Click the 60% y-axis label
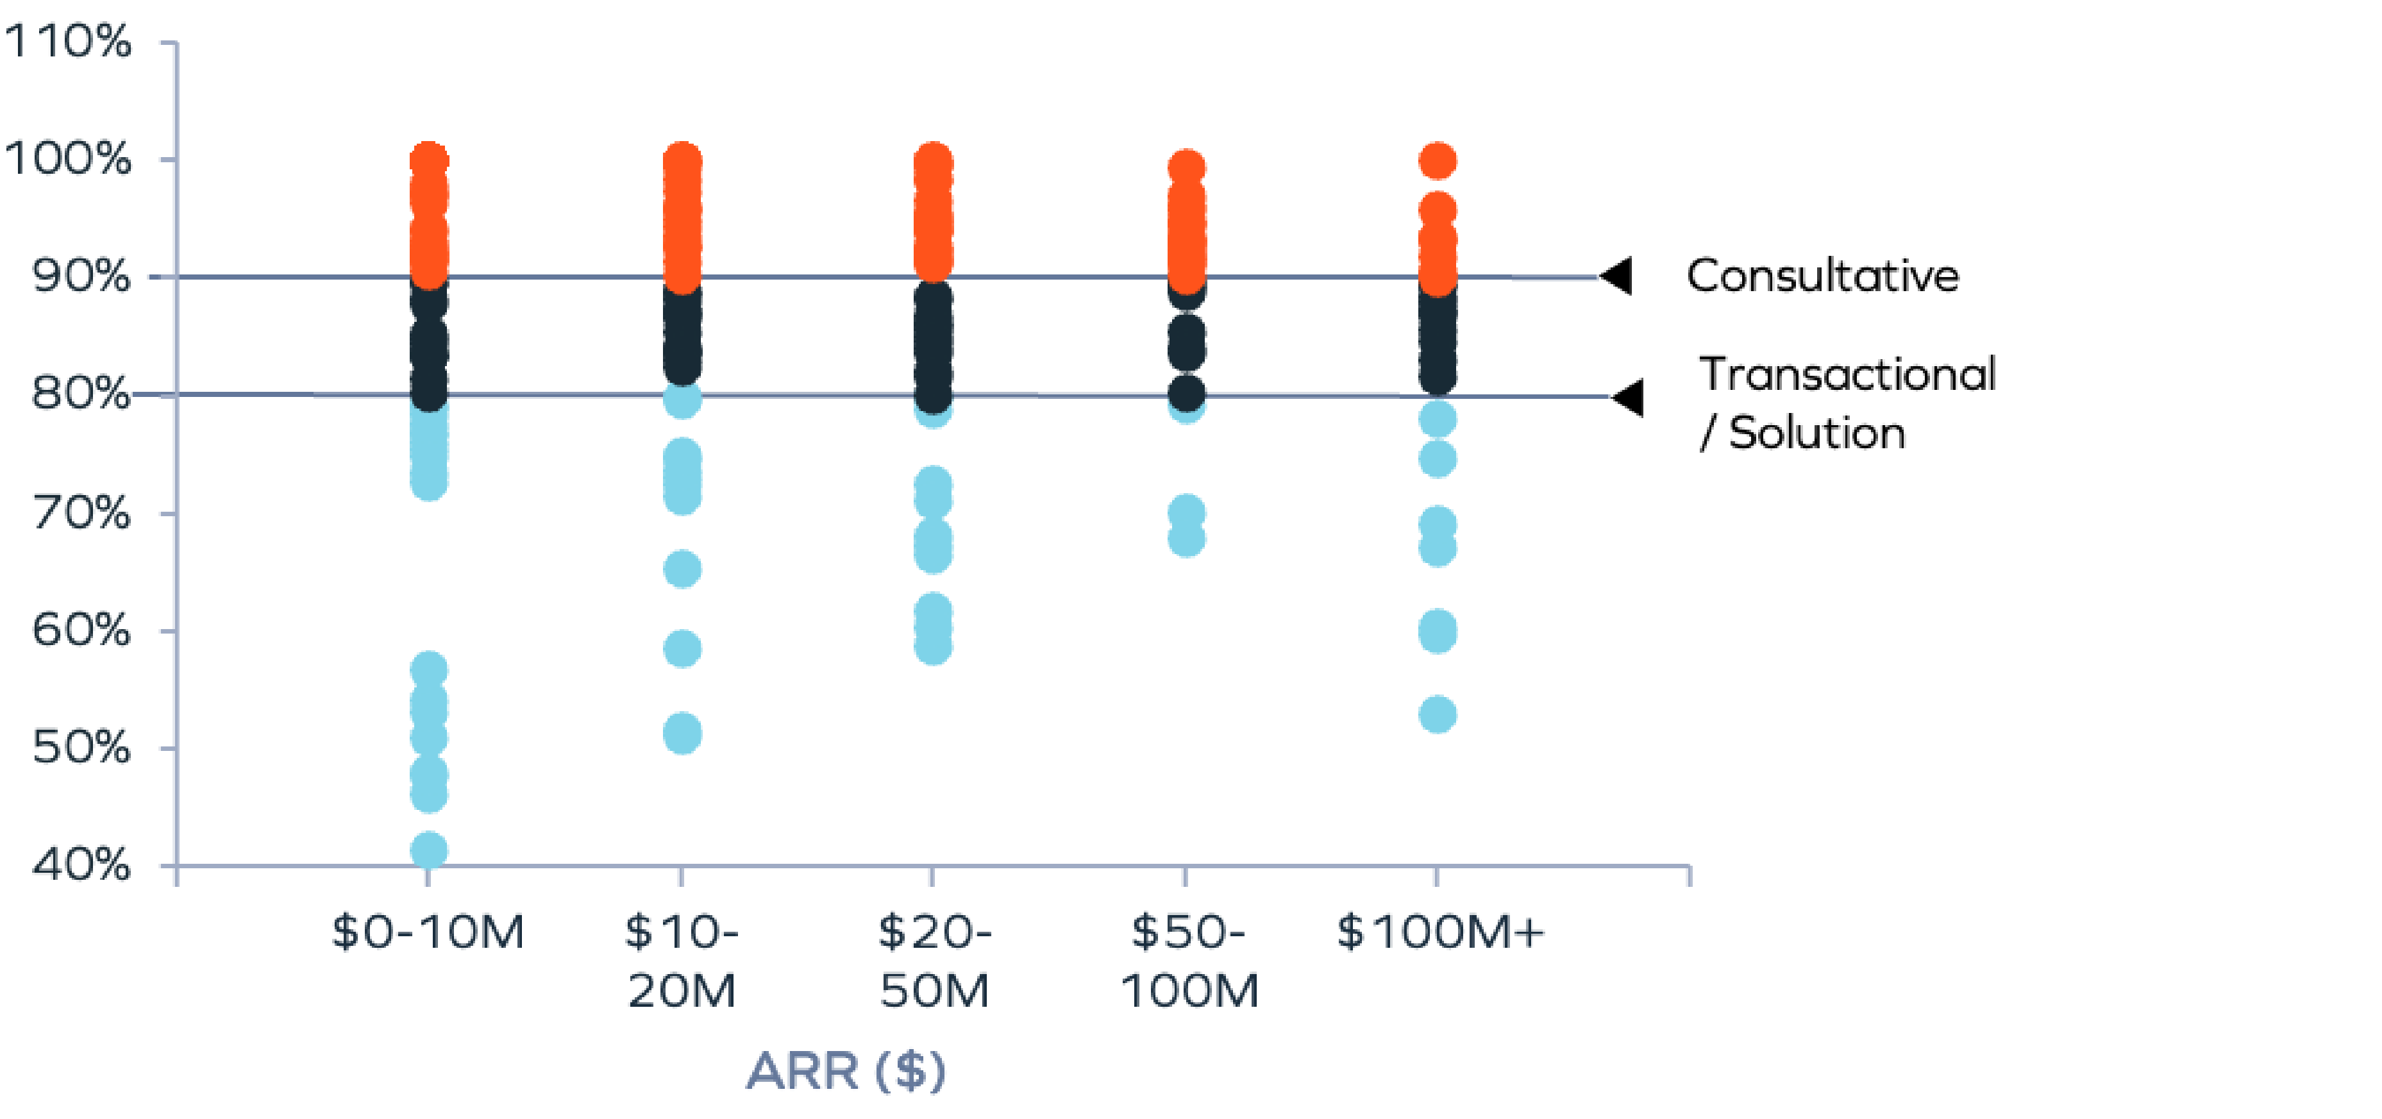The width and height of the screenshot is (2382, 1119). tap(80, 631)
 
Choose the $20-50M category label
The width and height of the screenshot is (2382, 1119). tap(934, 960)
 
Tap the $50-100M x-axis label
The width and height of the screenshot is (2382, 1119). tap(1188, 960)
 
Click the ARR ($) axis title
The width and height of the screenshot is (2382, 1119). tap(846, 1072)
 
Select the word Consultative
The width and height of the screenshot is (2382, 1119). tap(1822, 276)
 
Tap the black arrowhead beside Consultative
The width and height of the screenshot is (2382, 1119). tap(1617, 276)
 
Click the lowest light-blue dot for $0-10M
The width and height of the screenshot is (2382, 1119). tap(429, 850)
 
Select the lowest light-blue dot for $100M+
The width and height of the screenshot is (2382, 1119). tap(1438, 714)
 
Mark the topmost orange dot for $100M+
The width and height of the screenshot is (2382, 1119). tap(1438, 161)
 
